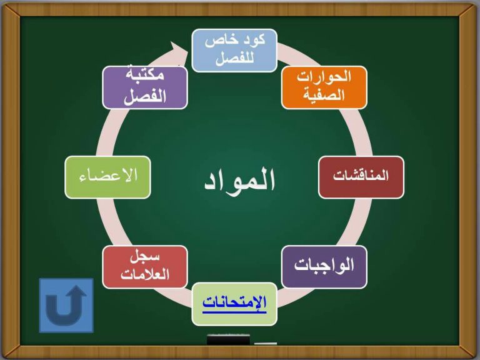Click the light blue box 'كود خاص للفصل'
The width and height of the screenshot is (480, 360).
(234, 51)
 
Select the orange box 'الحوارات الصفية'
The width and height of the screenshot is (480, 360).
(324, 87)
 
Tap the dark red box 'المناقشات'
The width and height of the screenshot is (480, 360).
(361, 177)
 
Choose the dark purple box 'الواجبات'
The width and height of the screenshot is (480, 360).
(324, 267)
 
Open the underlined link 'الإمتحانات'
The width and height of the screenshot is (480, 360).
(234, 302)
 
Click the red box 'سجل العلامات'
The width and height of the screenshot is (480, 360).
(145, 267)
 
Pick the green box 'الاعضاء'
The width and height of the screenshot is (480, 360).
(107, 177)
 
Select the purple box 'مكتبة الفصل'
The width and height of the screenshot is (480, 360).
(145, 87)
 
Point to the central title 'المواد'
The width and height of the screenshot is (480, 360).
(240, 180)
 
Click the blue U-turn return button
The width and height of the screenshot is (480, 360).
(66, 305)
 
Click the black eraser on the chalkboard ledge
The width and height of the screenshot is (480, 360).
(228, 340)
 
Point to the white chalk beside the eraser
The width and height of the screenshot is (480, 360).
(266, 344)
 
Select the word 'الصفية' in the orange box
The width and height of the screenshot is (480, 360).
(324, 95)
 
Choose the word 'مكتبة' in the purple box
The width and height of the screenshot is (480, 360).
(145, 74)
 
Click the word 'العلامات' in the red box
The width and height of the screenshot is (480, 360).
(145, 274)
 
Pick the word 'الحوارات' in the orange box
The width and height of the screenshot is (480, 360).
(324, 77)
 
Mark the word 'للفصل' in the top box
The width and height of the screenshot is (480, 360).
(234, 58)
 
